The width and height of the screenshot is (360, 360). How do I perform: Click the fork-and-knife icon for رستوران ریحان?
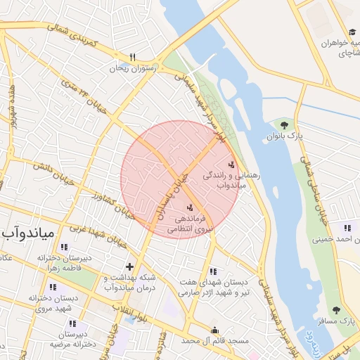[132, 57]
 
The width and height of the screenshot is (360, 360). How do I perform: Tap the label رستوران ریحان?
[131, 69]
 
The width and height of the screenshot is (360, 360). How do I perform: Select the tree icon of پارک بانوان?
[284, 125]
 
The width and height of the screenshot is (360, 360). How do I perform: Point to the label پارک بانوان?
[283, 136]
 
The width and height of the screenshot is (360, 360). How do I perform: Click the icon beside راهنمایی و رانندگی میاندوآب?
[232, 164]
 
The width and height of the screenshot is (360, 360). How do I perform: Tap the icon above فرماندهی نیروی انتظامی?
[189, 207]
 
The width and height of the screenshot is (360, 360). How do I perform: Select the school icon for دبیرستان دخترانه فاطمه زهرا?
[65, 247]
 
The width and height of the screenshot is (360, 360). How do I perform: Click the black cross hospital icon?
[129, 266]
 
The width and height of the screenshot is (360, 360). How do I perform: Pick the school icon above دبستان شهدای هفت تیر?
[214, 271]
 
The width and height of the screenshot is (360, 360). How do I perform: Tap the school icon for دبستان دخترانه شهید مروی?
[53, 287]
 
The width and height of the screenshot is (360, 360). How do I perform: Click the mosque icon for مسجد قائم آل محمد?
[214, 330]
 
